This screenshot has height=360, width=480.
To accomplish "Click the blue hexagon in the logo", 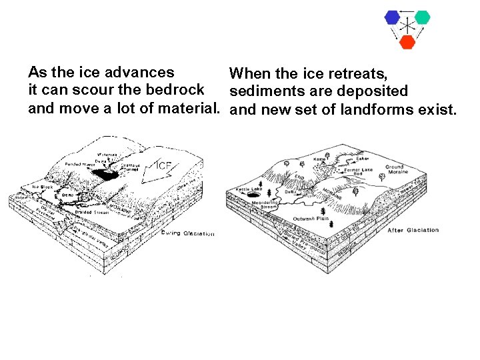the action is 392,17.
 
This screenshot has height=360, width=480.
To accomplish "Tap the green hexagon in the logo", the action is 421,17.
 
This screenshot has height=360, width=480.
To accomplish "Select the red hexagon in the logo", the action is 407,41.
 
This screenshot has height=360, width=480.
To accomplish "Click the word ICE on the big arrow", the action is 165,165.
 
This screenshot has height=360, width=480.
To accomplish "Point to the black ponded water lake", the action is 105,174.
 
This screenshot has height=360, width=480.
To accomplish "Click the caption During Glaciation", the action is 189,233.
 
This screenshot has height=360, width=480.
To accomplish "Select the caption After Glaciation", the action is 413,230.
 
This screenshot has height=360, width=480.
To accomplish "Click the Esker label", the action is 362,159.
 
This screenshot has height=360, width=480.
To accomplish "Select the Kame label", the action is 319,160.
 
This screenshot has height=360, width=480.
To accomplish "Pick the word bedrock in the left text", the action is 182,89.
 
